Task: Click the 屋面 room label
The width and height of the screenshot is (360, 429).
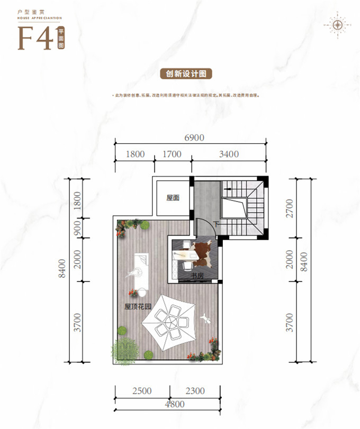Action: (x=173, y=198)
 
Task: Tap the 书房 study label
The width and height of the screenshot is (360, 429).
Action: (x=198, y=275)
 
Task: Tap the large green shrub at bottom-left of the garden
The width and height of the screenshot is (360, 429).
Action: (x=125, y=349)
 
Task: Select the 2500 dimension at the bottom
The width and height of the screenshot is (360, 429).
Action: (x=142, y=391)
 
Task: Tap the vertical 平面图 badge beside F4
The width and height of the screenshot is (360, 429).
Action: (x=61, y=38)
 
